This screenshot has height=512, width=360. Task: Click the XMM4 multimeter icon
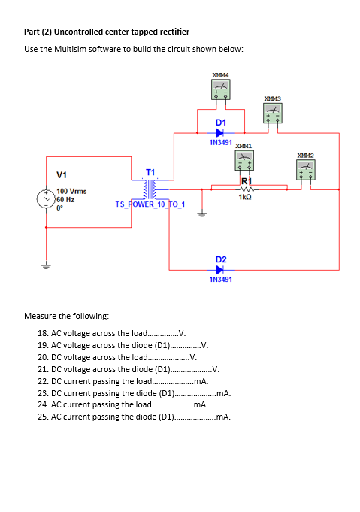tap(220, 91)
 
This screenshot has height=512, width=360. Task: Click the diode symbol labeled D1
tap(220, 132)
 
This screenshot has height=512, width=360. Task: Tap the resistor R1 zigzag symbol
tap(244, 189)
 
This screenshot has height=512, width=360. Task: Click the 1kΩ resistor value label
tap(244, 197)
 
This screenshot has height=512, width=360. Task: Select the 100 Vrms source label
tap(71, 192)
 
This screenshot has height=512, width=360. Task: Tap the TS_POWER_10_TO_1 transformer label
tap(150, 204)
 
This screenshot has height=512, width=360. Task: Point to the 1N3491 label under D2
tap(220, 279)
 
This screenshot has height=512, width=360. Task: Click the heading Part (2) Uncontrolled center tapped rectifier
tap(107, 32)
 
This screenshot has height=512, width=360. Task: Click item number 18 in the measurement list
tap(44, 333)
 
